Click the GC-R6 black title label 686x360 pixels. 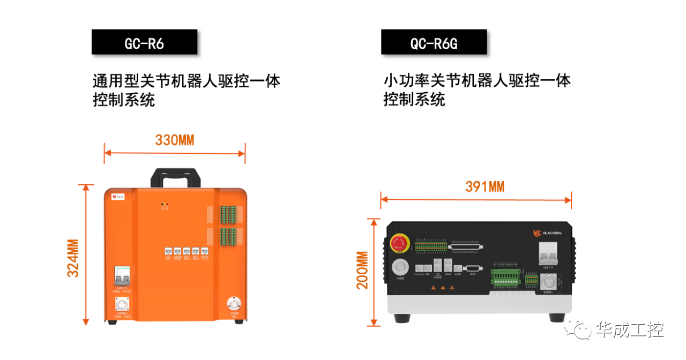(x=144, y=42)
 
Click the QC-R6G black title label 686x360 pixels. (x=434, y=42)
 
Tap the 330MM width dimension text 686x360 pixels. (x=174, y=140)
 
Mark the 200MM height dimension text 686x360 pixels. (x=363, y=270)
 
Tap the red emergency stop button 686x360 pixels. (x=399, y=243)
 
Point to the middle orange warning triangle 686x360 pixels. (x=443, y=288)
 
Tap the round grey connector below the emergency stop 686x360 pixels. (x=399, y=267)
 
